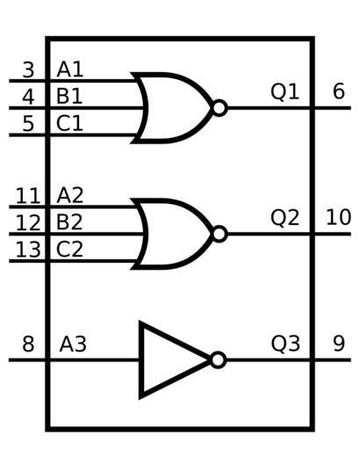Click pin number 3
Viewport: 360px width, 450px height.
pos(28,70)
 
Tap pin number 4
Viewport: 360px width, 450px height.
pos(28,97)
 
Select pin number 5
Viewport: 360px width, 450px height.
pos(28,124)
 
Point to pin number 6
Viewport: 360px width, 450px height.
pos(339,91)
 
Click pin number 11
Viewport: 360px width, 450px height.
pos(28,196)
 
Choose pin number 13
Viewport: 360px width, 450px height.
pos(28,250)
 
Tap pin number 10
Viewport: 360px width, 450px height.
pos(338,217)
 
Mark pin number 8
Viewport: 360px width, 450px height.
pos(28,344)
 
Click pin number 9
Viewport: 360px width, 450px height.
pos(339,344)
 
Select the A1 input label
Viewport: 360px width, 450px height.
pos(70,70)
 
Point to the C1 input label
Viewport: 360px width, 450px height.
pos(69,124)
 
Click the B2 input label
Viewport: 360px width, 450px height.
pos(69,222)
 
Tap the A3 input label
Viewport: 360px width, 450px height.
pos(73,345)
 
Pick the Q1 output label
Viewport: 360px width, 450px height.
pos(285,91)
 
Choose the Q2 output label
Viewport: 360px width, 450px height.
pos(285,218)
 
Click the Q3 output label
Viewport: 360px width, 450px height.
pos(285,344)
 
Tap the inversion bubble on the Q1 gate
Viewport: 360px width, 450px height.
pos(220,108)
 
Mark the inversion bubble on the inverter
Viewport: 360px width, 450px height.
pos(219,360)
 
